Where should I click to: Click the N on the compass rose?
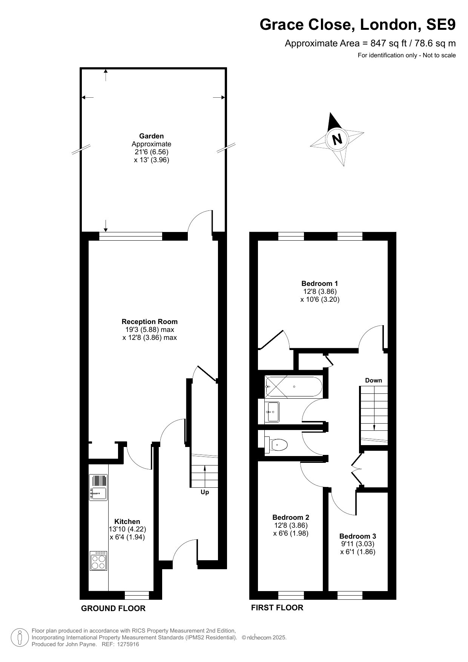tap(337, 139)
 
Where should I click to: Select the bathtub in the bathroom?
tap(293, 386)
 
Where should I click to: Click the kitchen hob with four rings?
tap(98, 561)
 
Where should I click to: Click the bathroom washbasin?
tap(272, 412)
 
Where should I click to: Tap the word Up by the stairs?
tap(205, 492)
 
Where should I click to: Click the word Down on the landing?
tap(373, 380)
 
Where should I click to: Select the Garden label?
tap(151, 136)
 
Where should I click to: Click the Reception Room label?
tap(149, 322)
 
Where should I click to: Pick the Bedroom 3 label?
tap(358, 536)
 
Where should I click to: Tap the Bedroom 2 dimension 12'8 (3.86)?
tap(291, 525)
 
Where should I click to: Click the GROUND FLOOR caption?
tap(113, 608)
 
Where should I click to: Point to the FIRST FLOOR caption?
tap(277, 607)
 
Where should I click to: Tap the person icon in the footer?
tap(19, 637)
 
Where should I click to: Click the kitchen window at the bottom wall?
tap(137, 595)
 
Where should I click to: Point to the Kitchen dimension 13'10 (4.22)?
tap(127, 529)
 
